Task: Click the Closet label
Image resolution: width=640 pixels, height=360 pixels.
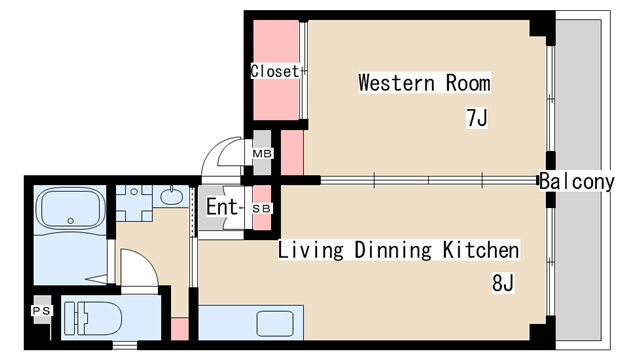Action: point(275,71)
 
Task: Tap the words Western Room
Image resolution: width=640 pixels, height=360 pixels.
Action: point(424,83)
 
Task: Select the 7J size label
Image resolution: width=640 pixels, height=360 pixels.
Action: point(477,118)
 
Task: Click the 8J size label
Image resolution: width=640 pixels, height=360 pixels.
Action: point(503,283)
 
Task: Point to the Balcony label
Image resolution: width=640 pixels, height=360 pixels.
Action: point(577,181)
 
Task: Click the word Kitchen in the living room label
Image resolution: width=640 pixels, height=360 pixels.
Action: point(481,250)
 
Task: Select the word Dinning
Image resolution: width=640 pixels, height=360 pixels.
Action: point(393,250)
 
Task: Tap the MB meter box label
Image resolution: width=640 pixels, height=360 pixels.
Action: point(262,154)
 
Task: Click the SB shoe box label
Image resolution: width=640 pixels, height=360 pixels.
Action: point(262,209)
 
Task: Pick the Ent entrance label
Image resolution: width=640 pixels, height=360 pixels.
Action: point(222,207)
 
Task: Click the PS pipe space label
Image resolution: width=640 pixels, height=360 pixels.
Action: point(42,311)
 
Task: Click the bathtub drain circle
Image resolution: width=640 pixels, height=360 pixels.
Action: point(71,221)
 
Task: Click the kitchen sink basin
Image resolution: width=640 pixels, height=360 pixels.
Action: point(275,323)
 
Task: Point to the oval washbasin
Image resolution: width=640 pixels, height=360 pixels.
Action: point(171,197)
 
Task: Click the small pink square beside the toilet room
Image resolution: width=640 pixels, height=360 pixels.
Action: point(180,329)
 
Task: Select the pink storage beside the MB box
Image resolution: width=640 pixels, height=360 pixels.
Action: point(292,152)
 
